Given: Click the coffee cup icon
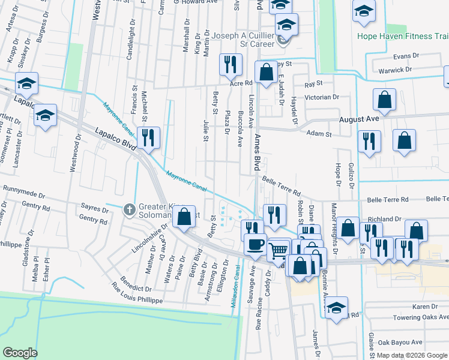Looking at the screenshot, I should pos(255,245).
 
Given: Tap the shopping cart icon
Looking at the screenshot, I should pos(278,249).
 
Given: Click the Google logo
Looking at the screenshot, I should pos(20,353).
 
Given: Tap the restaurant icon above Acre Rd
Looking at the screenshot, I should pos(230,64).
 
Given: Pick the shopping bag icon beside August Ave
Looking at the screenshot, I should pos(384,100).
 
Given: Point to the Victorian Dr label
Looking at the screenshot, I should pos(322,97).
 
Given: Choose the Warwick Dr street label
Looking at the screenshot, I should pos(399,70).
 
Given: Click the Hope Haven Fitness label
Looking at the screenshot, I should pos(403,37).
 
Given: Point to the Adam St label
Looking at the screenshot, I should pos(319,134).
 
